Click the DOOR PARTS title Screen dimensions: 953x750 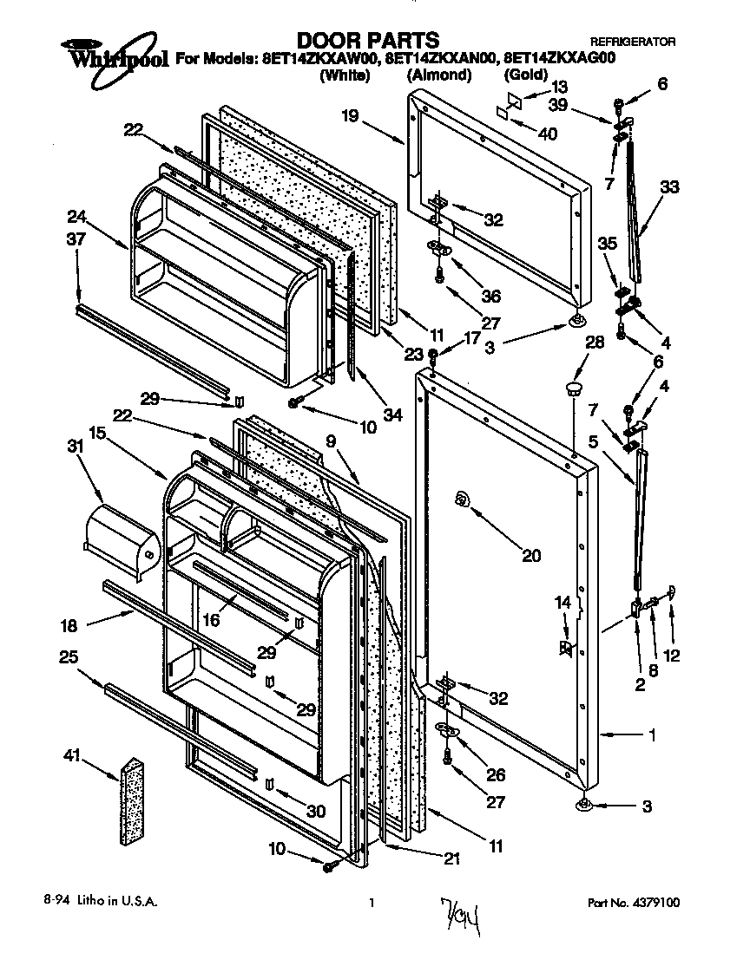368,39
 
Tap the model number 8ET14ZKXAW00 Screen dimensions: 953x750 319,60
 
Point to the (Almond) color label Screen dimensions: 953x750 439,75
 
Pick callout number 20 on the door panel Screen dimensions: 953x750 530,555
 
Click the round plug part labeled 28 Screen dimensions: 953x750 572,386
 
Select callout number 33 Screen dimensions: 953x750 669,186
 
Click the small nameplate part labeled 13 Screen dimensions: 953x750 515,101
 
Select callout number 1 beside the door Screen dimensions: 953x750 651,735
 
